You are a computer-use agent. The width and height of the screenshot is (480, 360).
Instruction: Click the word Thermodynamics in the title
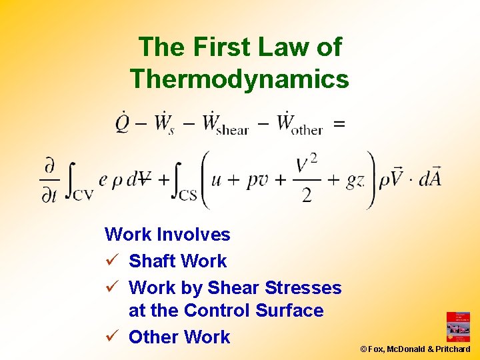tap(239, 79)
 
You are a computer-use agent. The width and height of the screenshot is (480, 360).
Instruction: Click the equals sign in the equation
tap(339, 123)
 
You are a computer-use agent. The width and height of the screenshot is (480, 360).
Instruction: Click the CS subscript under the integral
tap(189, 195)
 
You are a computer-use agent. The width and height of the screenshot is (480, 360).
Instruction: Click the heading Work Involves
tap(167, 235)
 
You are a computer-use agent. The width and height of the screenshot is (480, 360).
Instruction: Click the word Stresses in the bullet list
tap(303, 288)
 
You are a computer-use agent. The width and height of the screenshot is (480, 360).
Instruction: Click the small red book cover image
tap(458, 327)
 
